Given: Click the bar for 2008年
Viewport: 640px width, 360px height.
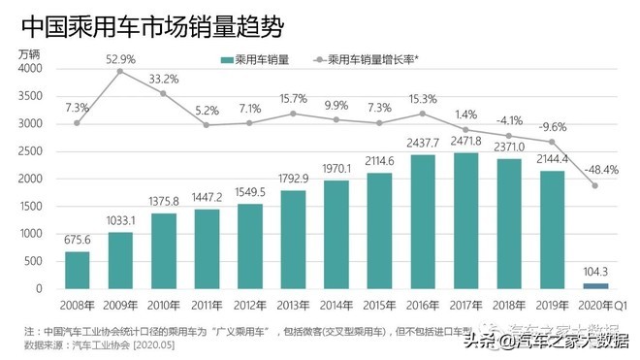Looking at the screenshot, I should click(78, 270).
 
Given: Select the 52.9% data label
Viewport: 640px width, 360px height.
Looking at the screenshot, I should click(120, 58).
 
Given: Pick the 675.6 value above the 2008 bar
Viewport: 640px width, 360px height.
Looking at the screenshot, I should click(78, 241).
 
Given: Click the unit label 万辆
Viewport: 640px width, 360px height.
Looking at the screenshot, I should click(32, 54).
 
